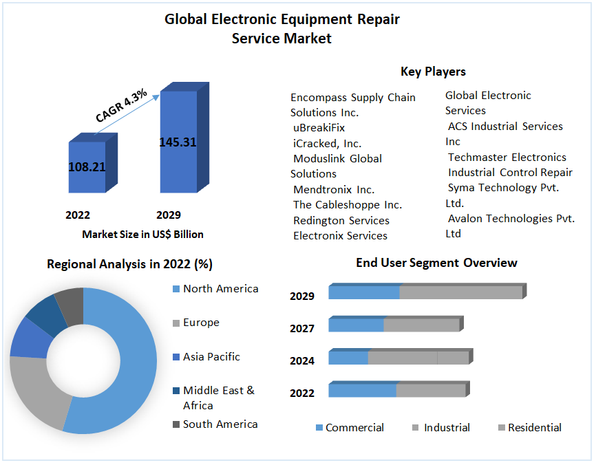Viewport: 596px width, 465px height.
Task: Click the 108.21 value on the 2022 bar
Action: (x=87, y=166)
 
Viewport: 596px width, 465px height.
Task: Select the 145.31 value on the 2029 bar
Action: (x=178, y=142)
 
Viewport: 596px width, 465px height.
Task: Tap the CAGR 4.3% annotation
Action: (x=121, y=107)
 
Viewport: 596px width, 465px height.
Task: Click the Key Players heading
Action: (x=433, y=72)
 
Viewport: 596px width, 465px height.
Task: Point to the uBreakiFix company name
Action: (x=319, y=128)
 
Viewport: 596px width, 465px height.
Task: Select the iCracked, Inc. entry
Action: (x=327, y=143)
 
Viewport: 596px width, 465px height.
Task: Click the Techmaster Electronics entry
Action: (x=507, y=157)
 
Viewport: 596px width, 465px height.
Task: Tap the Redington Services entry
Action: (x=341, y=220)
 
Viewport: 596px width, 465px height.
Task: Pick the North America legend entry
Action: (x=220, y=289)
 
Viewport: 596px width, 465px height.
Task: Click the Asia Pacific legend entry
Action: (x=211, y=356)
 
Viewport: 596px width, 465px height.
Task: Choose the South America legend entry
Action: (x=220, y=424)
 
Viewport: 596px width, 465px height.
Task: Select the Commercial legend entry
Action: (x=354, y=428)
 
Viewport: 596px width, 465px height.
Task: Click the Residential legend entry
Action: (x=534, y=428)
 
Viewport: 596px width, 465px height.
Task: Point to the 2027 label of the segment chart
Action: (x=302, y=328)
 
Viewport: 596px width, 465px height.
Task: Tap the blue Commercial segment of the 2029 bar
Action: (x=364, y=292)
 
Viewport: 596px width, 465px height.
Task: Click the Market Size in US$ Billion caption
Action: (x=142, y=235)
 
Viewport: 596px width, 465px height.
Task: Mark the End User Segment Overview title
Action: (x=436, y=263)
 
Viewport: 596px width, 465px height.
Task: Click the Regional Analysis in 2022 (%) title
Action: (x=129, y=264)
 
